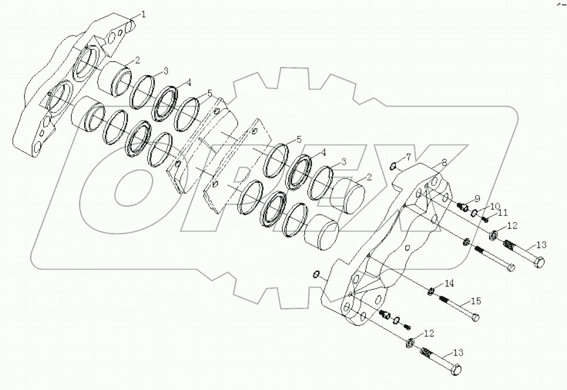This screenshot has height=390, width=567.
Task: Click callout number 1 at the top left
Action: [144, 14]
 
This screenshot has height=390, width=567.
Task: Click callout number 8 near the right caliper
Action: [444, 162]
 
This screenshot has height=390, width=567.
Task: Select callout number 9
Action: [477, 198]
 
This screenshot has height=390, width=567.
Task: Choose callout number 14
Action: [449, 282]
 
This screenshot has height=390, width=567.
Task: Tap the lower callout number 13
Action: [458, 353]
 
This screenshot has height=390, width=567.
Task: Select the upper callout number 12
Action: [511, 225]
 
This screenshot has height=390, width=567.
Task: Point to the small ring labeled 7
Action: [394, 166]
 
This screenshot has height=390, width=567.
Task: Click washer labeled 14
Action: [431, 292]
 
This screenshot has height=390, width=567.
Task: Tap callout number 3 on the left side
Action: [166, 70]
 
